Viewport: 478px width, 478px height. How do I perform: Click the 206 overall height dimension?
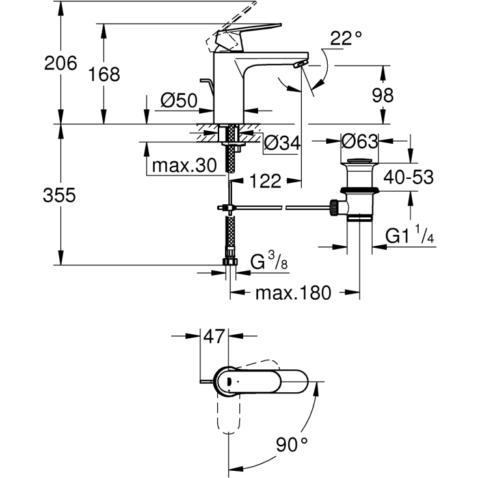60,63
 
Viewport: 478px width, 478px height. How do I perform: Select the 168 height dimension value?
105,75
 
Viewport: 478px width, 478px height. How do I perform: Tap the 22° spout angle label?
345,39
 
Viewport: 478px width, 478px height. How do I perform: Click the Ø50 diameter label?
178,101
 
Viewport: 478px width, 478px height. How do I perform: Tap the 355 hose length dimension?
59,195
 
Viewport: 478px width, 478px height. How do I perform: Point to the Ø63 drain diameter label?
360,141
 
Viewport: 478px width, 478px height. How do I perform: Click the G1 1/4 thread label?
410,237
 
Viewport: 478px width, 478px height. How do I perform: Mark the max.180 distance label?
293,293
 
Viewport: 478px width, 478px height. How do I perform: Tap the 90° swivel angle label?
292,445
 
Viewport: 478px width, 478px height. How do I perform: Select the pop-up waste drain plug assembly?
359,189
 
